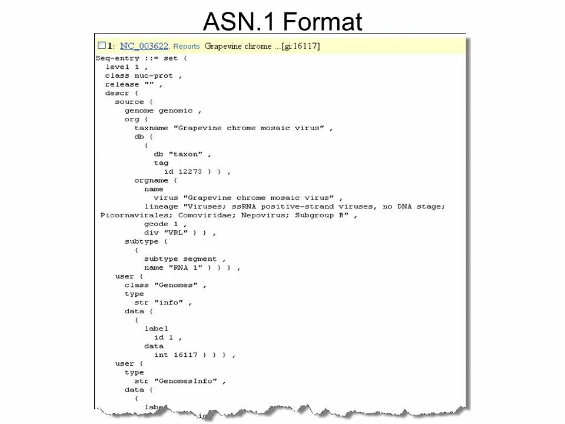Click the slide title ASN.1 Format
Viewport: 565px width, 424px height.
[x=282, y=22]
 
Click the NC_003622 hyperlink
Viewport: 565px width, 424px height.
[x=144, y=46]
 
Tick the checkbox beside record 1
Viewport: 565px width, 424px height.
[x=102, y=45]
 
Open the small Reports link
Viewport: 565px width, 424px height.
[x=187, y=47]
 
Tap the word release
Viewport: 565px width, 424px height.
[x=122, y=85]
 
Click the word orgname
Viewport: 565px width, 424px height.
[x=151, y=180]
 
